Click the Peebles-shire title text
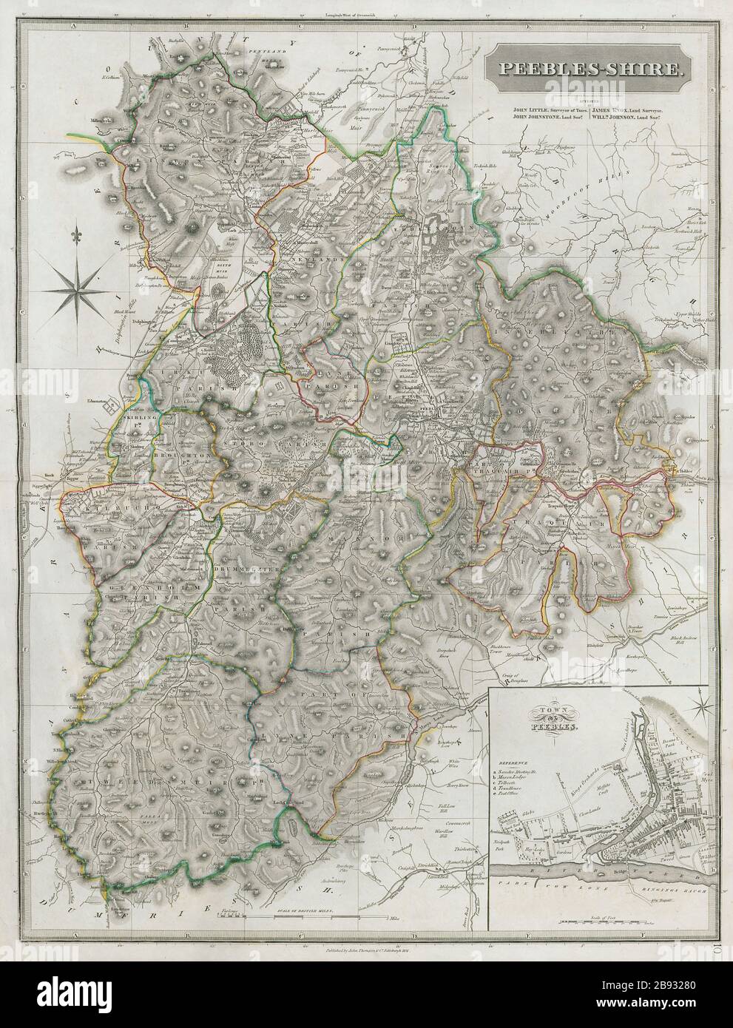(584, 70)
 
